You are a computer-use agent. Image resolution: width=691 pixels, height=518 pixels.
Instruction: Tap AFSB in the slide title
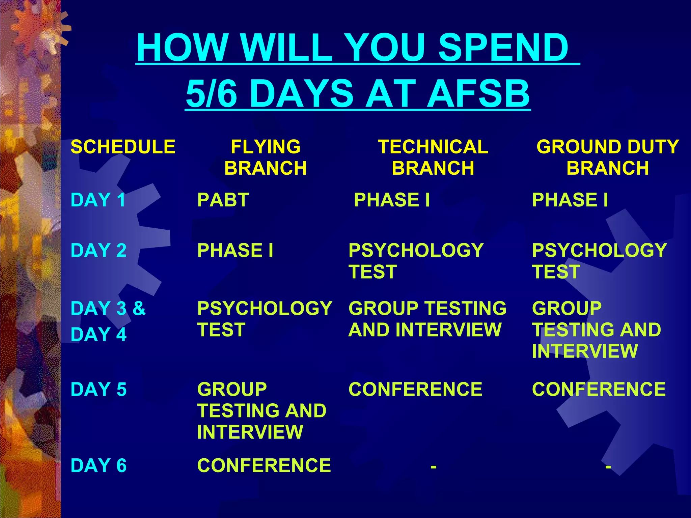[x=478, y=94]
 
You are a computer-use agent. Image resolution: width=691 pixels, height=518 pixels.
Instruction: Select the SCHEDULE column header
[x=123, y=147]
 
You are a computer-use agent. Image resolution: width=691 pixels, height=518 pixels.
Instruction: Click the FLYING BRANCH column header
[x=266, y=157]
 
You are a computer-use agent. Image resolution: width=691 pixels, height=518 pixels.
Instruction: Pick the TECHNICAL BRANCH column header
[x=433, y=157]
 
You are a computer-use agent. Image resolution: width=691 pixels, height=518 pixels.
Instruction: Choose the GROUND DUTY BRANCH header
[x=607, y=157]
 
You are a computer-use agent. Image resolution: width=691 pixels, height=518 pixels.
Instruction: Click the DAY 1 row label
[x=98, y=200]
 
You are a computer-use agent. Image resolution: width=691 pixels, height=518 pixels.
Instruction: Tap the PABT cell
[x=223, y=200]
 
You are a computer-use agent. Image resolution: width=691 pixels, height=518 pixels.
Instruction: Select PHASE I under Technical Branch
[x=392, y=200]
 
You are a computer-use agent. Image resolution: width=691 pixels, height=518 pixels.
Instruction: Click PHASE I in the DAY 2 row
[x=235, y=250]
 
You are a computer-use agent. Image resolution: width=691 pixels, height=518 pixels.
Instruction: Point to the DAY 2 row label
[x=99, y=250]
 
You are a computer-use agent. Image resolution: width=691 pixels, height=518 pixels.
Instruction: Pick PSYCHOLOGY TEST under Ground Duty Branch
[x=599, y=261]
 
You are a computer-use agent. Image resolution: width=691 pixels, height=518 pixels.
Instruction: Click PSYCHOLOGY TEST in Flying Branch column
[x=265, y=319]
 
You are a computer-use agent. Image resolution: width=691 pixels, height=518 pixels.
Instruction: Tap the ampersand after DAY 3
[x=139, y=308]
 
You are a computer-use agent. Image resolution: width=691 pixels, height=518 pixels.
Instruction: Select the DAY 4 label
[x=99, y=335]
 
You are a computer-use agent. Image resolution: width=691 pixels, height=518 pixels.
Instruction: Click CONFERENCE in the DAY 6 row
[x=264, y=465]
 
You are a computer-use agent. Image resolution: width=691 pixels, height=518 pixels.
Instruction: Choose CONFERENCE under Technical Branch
[x=415, y=389]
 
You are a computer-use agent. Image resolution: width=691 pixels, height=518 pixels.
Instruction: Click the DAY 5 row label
[x=99, y=389]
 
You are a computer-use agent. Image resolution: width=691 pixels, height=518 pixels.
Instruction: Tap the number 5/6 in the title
[x=211, y=94]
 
